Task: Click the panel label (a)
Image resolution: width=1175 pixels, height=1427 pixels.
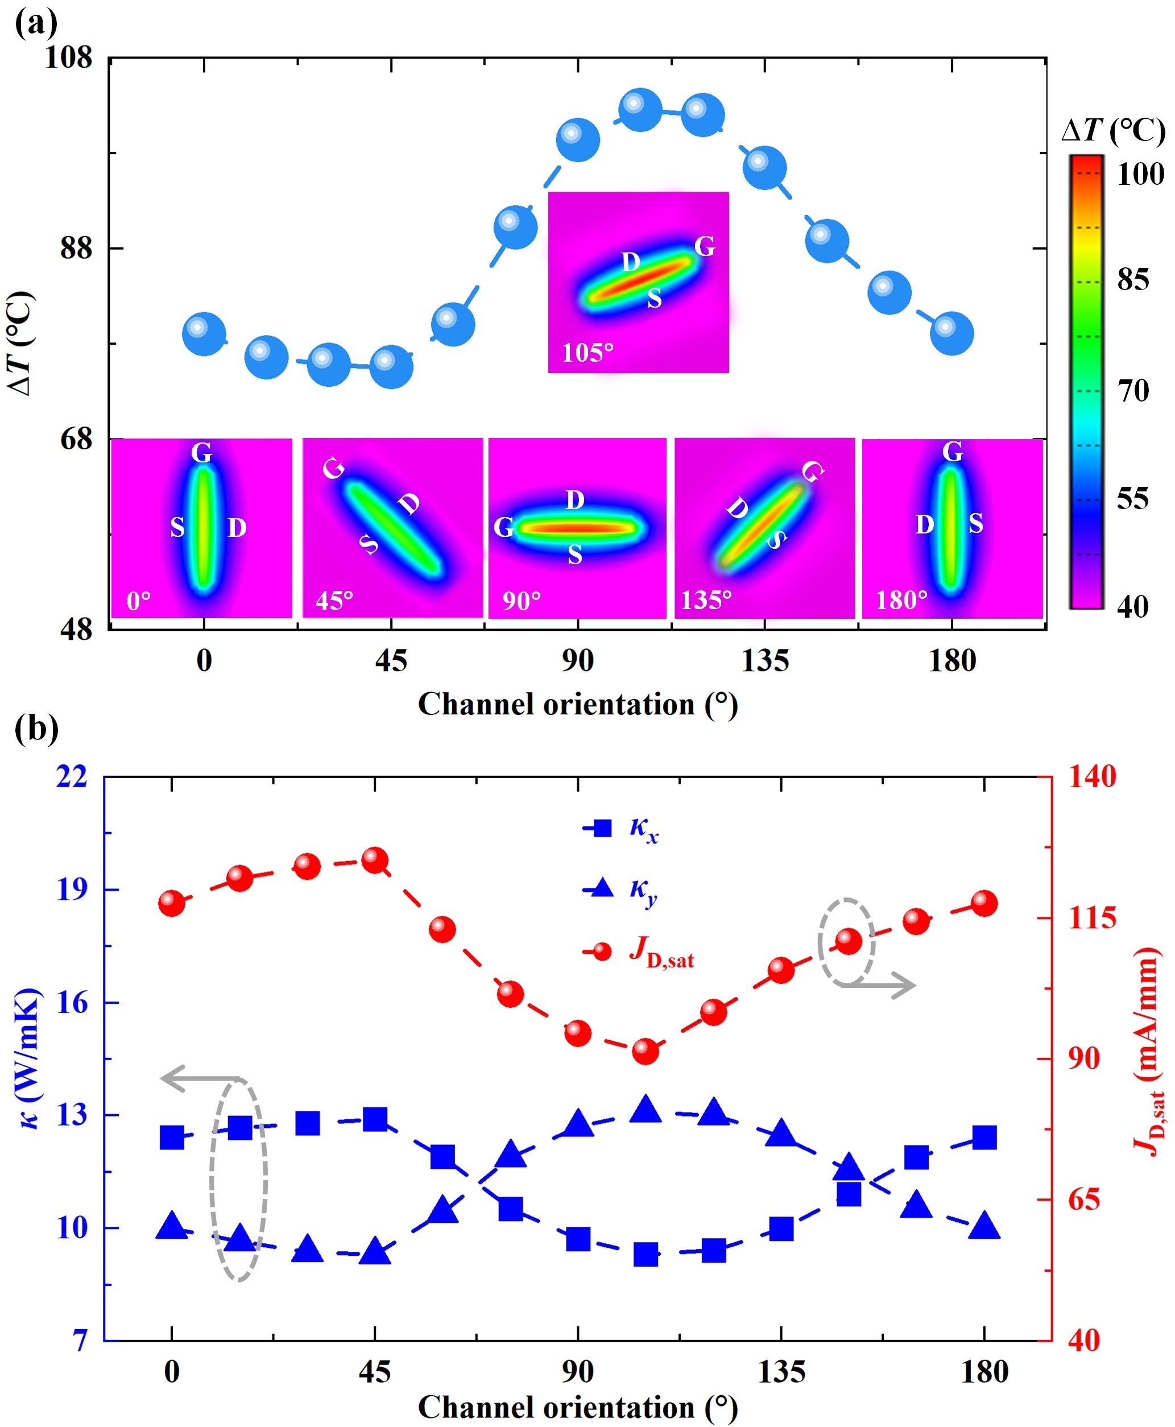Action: (x=36, y=24)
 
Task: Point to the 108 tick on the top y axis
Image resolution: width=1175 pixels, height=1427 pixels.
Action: (x=68, y=57)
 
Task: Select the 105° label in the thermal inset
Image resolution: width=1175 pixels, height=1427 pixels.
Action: (x=587, y=352)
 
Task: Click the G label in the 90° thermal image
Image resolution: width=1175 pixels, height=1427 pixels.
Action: (x=503, y=527)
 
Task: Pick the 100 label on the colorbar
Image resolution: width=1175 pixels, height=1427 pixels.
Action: (x=1140, y=175)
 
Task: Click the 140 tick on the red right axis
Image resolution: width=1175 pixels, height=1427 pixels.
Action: (x=1092, y=776)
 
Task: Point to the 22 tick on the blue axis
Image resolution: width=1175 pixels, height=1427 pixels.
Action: (x=72, y=776)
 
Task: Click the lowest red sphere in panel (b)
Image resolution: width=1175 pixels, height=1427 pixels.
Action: (x=645, y=1050)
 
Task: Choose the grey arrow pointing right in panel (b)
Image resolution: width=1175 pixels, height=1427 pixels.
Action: (x=880, y=985)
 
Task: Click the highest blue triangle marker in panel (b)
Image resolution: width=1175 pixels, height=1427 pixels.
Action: (x=645, y=1110)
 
